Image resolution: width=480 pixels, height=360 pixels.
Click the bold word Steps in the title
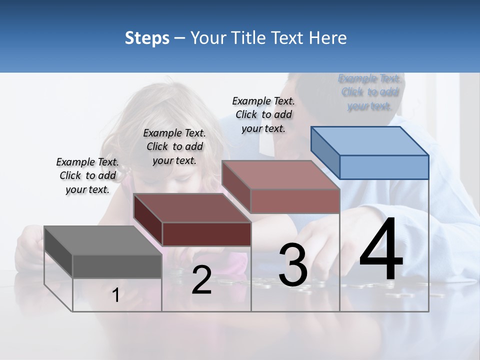click(147, 38)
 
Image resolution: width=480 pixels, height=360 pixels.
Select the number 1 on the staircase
click(115, 295)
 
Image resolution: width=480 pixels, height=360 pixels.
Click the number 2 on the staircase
click(201, 280)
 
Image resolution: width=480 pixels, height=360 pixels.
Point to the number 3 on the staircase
click(293, 265)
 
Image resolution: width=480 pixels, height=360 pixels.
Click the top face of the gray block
click(103, 240)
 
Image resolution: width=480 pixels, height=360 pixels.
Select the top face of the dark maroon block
click(192, 208)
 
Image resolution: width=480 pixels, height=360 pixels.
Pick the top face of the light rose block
click(281, 175)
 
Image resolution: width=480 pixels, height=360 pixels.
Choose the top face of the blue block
click(370, 141)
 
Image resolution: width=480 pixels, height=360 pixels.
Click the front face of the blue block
click(384, 167)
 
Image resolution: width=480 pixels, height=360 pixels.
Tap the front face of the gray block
click(117, 266)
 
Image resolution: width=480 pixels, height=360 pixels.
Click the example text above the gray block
click(87, 175)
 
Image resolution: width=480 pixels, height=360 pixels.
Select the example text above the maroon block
click(174, 146)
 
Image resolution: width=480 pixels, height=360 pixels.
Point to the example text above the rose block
click(263, 114)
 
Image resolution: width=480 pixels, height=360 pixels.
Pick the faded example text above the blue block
click(370, 92)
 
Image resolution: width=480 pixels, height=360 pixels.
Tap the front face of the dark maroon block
click(206, 234)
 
